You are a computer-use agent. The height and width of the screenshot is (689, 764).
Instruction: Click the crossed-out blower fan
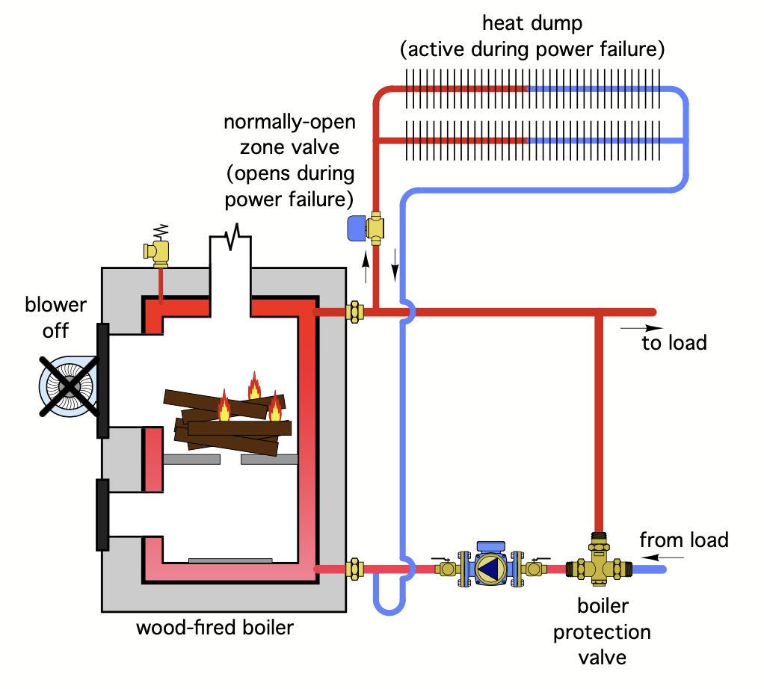pos(69,385)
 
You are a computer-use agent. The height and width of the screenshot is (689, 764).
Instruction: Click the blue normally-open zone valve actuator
pos(357,227)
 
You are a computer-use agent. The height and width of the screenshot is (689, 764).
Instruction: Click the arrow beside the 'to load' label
pos(641,327)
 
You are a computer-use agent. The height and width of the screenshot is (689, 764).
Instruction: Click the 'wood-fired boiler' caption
pos(215,627)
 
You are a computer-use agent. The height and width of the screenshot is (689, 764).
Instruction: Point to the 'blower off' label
pos(56,317)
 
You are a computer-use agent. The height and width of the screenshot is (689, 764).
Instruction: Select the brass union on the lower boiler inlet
pos(355,569)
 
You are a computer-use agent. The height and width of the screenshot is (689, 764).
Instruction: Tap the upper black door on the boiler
pos(103,380)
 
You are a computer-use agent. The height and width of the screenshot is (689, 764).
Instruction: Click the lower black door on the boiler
pos(103,514)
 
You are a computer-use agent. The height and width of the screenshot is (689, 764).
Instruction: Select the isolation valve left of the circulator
pos(448,568)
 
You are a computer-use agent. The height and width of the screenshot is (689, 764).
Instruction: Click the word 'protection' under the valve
pos(602,632)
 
